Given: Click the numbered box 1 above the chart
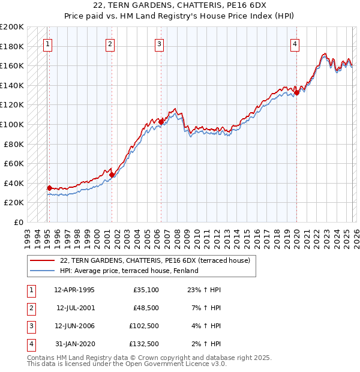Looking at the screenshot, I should click(48, 43).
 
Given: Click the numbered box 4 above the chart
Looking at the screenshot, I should click(295, 43).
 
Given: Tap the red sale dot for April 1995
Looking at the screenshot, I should click(49, 188).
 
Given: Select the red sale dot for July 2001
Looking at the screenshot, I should click(112, 175).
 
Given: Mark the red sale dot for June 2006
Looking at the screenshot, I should click(161, 122).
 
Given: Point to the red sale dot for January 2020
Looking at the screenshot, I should click(296, 92).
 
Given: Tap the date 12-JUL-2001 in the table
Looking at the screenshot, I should click(75, 308).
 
